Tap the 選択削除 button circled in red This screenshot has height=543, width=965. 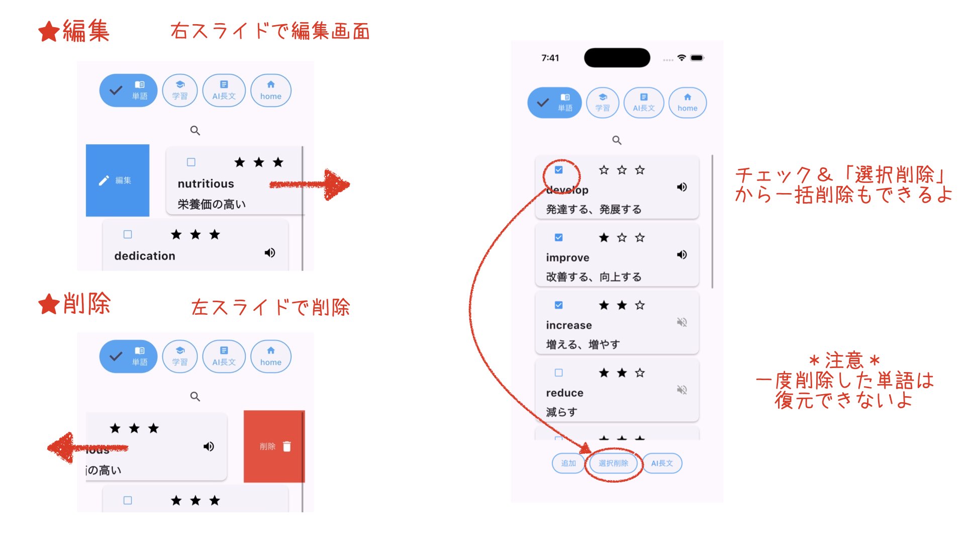point(613,463)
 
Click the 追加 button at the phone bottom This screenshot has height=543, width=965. point(568,463)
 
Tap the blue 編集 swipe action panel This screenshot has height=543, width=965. point(118,180)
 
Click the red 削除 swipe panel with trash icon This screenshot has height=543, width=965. point(274,446)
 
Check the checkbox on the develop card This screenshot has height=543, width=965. point(558,170)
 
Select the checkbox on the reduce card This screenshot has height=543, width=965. point(558,373)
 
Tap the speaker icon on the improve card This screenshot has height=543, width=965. point(682,255)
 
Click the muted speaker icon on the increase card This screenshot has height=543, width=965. point(682,322)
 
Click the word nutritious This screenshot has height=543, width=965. point(206,184)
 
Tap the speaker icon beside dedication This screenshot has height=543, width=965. point(270,253)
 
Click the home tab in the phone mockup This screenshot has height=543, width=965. point(687,103)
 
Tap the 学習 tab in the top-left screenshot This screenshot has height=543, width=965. point(180,90)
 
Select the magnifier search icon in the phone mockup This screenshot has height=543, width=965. point(617,140)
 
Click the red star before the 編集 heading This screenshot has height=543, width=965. point(49,32)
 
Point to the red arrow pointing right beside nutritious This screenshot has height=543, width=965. point(312,185)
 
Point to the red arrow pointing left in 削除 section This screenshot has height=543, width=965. point(85,447)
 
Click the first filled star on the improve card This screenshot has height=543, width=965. point(604,237)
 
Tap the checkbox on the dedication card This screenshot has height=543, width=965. point(128,235)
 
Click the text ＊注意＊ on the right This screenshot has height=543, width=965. point(844,360)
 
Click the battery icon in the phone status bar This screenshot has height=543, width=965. point(697,58)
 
